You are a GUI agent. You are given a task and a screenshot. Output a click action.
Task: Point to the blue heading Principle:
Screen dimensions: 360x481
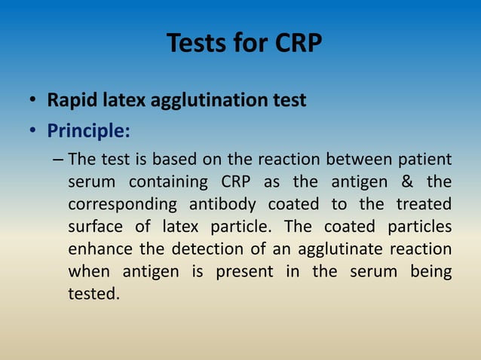88,131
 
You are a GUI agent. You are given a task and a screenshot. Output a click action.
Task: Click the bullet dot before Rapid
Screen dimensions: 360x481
33,101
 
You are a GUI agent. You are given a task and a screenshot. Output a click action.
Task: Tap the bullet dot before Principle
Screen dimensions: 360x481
33,132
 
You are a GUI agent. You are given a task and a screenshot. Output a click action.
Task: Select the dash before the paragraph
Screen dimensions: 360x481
60,160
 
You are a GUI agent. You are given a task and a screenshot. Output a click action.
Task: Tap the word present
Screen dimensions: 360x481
244,271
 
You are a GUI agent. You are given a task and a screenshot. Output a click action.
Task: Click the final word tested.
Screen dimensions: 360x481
93,293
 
